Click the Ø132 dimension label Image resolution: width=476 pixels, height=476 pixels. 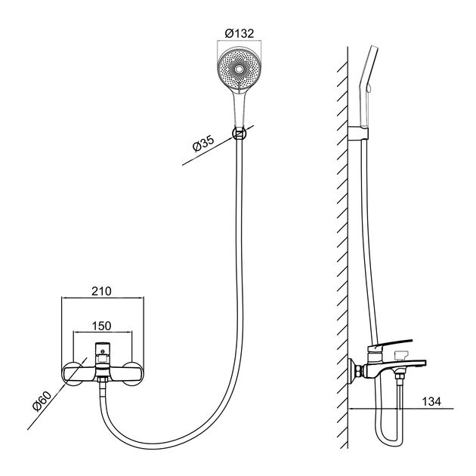pos(240,33)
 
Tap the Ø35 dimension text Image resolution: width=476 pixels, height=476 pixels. pos(203,143)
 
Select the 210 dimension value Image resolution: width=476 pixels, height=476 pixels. pos(102,291)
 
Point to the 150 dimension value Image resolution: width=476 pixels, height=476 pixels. pos(102,326)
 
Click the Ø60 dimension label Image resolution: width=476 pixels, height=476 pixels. pos(42,401)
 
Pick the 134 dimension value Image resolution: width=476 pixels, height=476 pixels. pos(431,402)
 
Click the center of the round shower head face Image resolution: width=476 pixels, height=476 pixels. pos(240,70)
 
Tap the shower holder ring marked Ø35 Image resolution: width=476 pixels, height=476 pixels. pos(240,133)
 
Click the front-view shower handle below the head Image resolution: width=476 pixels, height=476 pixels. pos(240,109)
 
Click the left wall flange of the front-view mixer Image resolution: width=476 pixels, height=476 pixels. pos(73,374)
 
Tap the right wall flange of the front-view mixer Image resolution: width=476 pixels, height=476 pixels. pos(133,374)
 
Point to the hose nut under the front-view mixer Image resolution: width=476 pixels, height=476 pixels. pos(103,379)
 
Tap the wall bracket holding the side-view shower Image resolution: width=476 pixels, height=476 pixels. pos(358,133)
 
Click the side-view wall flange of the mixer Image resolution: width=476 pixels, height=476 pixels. pos(352,371)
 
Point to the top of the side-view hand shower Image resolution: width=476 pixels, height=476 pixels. pos(374,48)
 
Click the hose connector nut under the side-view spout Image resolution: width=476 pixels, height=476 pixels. pos(400,377)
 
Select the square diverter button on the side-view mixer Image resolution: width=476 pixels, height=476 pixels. pos(401,354)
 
